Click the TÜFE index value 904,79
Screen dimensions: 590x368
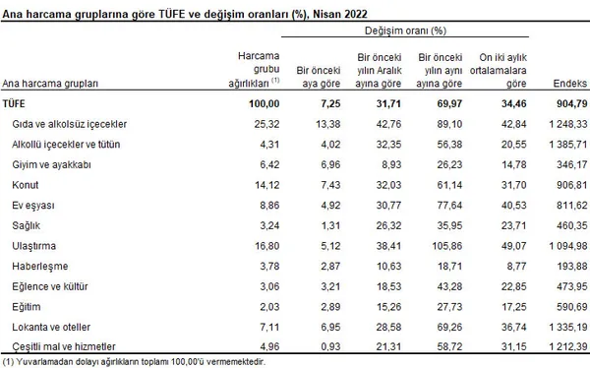tap(571, 103)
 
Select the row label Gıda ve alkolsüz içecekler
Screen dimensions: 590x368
tap(69, 124)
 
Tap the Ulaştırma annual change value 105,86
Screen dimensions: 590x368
tap(446, 246)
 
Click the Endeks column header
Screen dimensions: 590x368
tap(569, 84)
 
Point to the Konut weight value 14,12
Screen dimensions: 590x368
tap(266, 185)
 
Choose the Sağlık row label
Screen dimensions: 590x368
tap(26, 225)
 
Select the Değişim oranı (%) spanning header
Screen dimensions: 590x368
tap(405, 31)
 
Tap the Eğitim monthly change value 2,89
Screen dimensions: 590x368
tap(330, 307)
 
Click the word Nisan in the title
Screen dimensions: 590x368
tap(325, 15)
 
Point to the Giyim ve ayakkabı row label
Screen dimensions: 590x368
tap(51, 164)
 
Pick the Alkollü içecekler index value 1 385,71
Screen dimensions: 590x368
tap(567, 145)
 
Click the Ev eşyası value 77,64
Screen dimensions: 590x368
tap(449, 206)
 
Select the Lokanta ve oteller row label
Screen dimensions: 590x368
tap(51, 327)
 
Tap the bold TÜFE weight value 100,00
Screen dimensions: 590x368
tap(265, 103)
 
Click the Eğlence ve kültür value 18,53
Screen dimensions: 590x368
tap(389, 286)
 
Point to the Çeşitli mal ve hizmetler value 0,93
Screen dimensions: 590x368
tap(330, 346)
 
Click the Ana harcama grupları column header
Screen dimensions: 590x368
tap(50, 84)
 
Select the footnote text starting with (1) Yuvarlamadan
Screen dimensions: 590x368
tap(134, 362)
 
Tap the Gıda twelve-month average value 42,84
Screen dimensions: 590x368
tap(513, 124)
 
